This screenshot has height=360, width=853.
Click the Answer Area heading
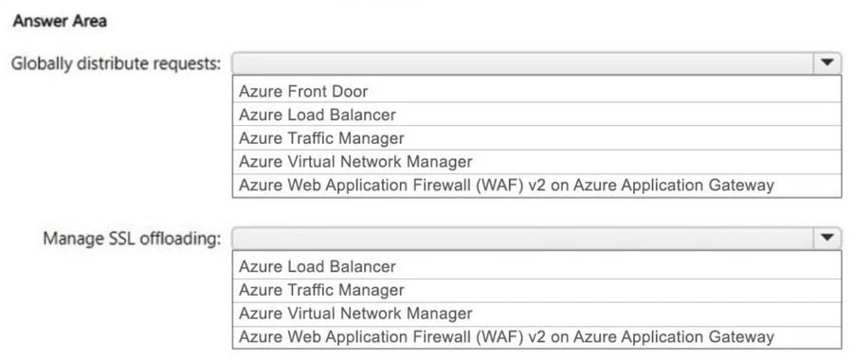pos(60,22)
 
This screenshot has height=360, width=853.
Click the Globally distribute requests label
pos(117,64)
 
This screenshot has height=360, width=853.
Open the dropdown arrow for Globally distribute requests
pos(827,63)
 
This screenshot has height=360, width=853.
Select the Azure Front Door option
pos(303,91)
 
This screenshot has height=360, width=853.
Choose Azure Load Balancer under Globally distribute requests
pos(318,115)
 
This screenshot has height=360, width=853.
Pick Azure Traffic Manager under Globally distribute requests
pos(321,138)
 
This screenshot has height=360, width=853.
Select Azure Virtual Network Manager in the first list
pos(355,161)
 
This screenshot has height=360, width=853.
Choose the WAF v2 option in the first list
pos(506,185)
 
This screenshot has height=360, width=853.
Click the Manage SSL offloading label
pos(132,239)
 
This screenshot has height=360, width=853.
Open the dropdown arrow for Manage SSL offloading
pos(827,238)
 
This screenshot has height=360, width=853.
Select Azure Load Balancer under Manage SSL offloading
pos(318,266)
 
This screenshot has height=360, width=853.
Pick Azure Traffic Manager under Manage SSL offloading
pos(321,290)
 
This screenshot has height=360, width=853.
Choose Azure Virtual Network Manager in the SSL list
pos(355,314)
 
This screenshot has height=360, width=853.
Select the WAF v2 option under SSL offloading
pos(506,336)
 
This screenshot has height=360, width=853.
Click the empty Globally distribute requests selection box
pos(523,63)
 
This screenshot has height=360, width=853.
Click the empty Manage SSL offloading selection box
pos(523,238)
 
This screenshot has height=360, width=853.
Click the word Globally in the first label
pos(42,64)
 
